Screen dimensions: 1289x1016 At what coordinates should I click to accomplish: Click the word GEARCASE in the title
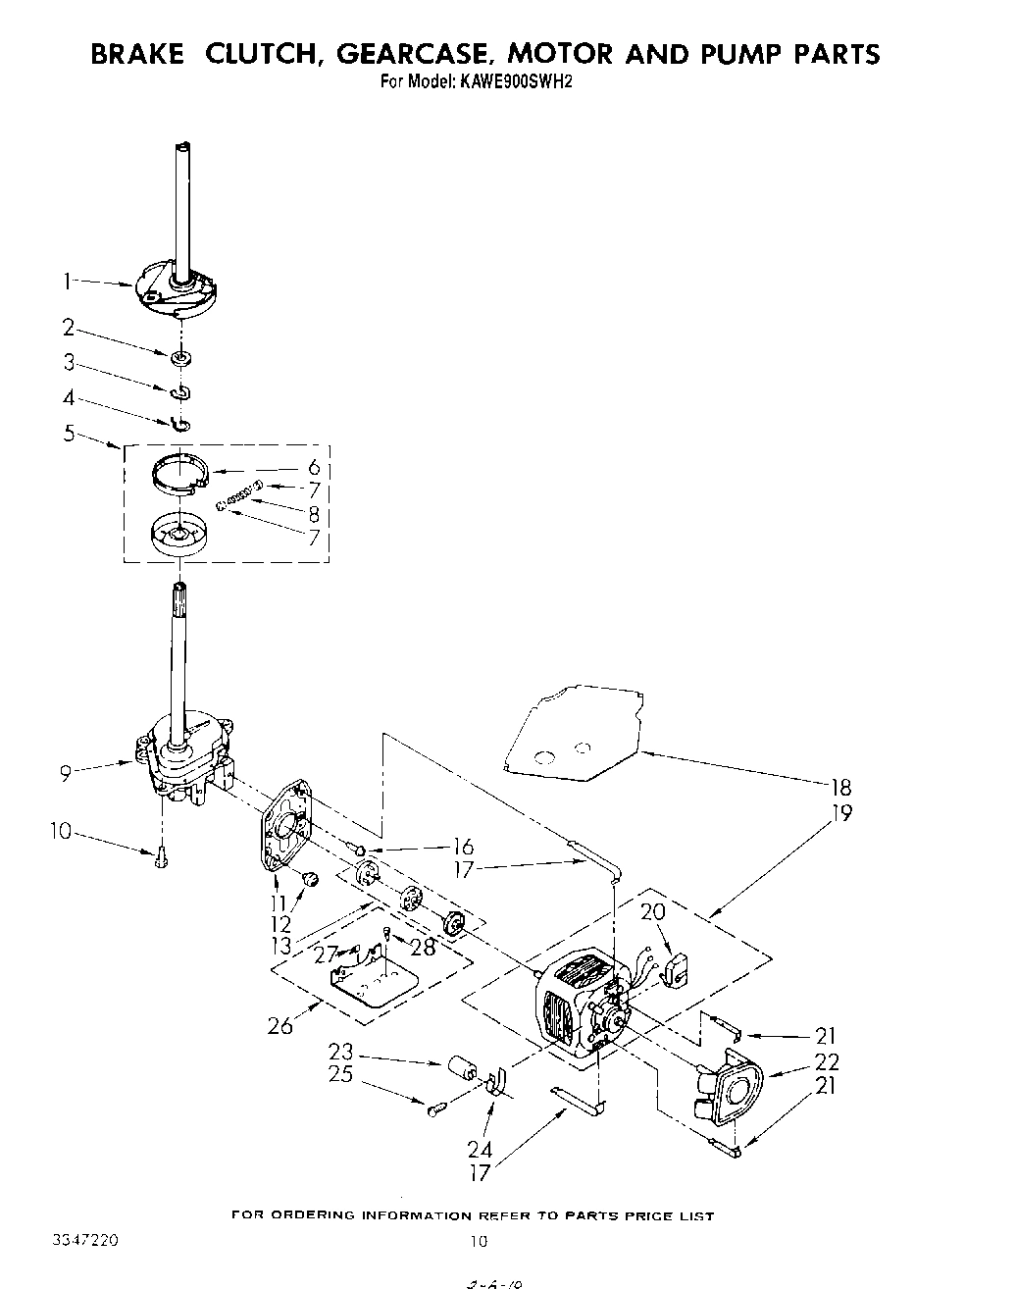point(423,54)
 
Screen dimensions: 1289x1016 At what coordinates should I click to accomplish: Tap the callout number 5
point(70,432)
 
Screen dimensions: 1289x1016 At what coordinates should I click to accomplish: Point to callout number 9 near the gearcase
point(66,773)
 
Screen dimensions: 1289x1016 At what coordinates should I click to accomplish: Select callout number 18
point(839,787)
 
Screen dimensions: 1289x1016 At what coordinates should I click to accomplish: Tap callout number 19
point(839,812)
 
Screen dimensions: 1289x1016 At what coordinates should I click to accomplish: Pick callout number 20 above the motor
point(652,911)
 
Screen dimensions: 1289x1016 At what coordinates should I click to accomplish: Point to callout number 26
point(279,1027)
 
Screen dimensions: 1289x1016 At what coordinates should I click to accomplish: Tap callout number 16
point(463,847)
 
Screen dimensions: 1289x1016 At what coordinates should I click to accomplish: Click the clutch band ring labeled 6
point(180,474)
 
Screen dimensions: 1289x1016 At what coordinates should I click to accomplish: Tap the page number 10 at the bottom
point(477,1242)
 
